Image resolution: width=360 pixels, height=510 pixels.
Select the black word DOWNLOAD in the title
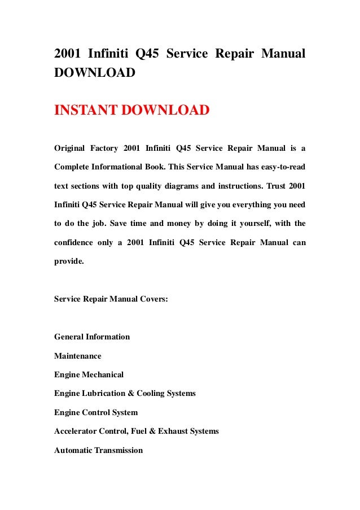[94, 73]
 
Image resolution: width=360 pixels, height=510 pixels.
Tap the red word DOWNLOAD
[170, 110]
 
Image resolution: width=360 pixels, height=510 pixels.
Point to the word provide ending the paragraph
[70, 261]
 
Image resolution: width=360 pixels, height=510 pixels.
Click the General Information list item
[92, 337]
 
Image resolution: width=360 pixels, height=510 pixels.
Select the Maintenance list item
[78, 356]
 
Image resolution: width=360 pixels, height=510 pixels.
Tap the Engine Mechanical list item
[89, 374]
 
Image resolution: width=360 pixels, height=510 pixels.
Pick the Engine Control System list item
[96, 412]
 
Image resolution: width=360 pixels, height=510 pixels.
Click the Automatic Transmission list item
[99, 450]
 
